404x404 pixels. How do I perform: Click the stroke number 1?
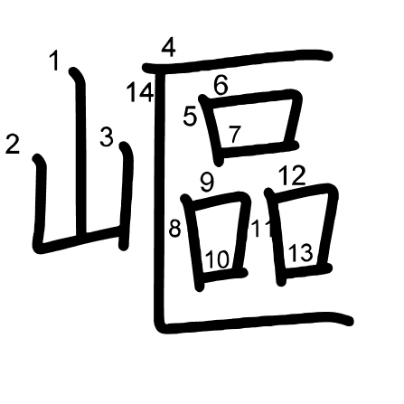point(54,61)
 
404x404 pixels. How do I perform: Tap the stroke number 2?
point(13,144)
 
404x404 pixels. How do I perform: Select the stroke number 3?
point(107,136)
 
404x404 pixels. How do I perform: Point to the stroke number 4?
point(169,48)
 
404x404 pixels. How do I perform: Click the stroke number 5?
point(190,116)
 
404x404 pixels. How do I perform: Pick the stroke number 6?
point(221,85)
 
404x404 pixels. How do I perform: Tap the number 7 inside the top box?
point(235,134)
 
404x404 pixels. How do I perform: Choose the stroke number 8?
point(175,228)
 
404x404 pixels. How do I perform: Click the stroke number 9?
point(207,182)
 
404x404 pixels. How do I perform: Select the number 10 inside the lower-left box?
point(217,259)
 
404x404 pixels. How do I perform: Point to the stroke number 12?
point(292,175)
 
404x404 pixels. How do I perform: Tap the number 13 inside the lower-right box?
point(300,252)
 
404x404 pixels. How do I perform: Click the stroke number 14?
point(140,92)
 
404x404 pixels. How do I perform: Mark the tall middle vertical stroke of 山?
point(79,152)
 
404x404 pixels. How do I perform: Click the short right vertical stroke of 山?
point(125,196)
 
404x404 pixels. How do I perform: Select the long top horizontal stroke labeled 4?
point(238,61)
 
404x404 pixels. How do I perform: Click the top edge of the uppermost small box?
point(250,99)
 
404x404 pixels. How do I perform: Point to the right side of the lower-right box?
point(329,228)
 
